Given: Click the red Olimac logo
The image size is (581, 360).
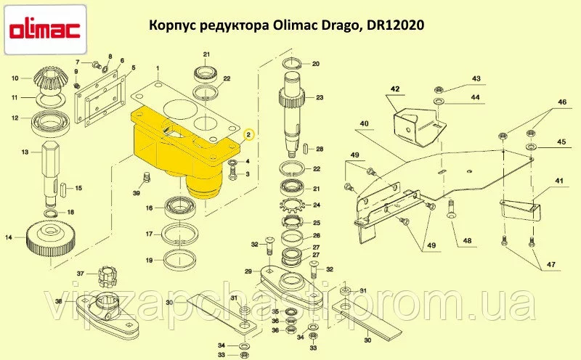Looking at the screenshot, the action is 45,30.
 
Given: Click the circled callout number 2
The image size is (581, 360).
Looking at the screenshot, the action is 249,134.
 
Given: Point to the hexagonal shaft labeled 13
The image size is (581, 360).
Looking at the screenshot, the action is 51,172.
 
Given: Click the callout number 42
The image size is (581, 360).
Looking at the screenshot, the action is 395,89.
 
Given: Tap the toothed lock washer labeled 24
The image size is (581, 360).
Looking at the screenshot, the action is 293,205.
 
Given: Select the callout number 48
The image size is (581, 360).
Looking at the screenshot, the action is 467,241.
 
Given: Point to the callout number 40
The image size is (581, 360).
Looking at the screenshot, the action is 364,123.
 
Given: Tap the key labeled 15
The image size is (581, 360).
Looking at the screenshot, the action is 63,188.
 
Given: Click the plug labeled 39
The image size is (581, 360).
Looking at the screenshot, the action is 147,176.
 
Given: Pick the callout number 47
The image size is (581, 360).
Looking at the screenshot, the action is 550,264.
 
